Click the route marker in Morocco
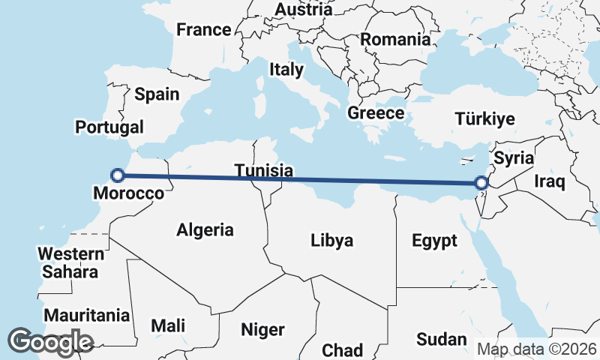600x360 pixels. point(117,175)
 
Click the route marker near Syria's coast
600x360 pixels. point(482,182)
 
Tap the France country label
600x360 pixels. point(203,30)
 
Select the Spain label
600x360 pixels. point(157,94)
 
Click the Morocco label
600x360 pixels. point(128,193)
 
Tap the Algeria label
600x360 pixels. point(205,230)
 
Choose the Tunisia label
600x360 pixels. point(262,170)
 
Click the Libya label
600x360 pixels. point(331,241)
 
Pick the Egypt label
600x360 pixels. point(434,241)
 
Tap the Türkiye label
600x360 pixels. point(485,119)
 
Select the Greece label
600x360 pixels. point(376,113)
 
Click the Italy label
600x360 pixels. point(286,70)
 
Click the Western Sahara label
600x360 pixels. point(70,262)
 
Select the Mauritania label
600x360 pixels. point(86,316)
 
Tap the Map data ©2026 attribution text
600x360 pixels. point(536,349)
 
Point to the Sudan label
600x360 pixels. point(441,339)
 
